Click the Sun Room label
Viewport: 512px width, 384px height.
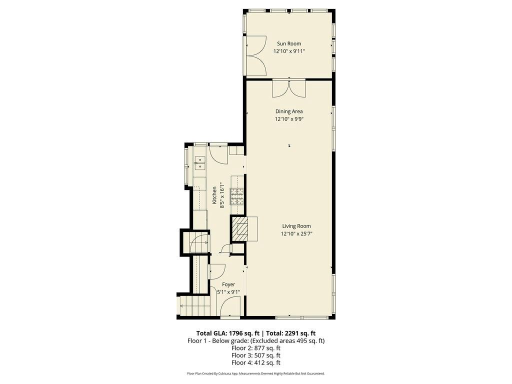[x=289, y=43]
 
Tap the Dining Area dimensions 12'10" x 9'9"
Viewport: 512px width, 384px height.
[x=289, y=119]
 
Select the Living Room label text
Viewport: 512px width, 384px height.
[x=296, y=226]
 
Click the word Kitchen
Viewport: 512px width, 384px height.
[x=214, y=195]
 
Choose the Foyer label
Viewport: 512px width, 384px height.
[x=228, y=284]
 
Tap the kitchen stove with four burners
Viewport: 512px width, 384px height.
[x=236, y=196]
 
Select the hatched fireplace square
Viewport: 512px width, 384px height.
[x=238, y=229]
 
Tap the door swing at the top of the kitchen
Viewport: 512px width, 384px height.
[x=218, y=153]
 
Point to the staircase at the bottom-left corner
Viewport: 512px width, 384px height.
[x=188, y=306]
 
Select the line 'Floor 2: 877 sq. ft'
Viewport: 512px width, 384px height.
[x=255, y=348]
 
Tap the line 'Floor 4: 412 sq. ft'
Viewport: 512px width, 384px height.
[x=255, y=362]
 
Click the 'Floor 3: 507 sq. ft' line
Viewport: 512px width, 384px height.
[x=255, y=355]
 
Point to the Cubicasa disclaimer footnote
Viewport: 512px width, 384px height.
[x=255, y=373]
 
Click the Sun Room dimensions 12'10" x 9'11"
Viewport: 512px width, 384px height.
[x=289, y=51]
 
